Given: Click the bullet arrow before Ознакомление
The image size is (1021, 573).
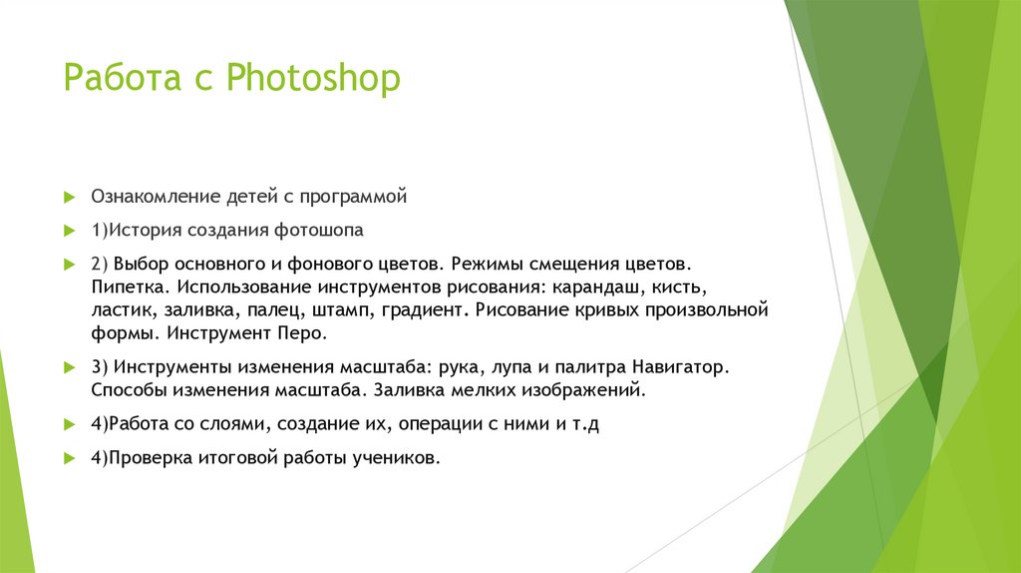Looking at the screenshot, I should click(70, 197).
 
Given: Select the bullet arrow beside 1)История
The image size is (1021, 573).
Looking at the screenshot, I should click(70, 231).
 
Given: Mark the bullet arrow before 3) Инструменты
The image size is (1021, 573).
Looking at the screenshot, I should click(70, 366).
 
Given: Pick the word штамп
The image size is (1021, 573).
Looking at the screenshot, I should click(342, 309).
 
